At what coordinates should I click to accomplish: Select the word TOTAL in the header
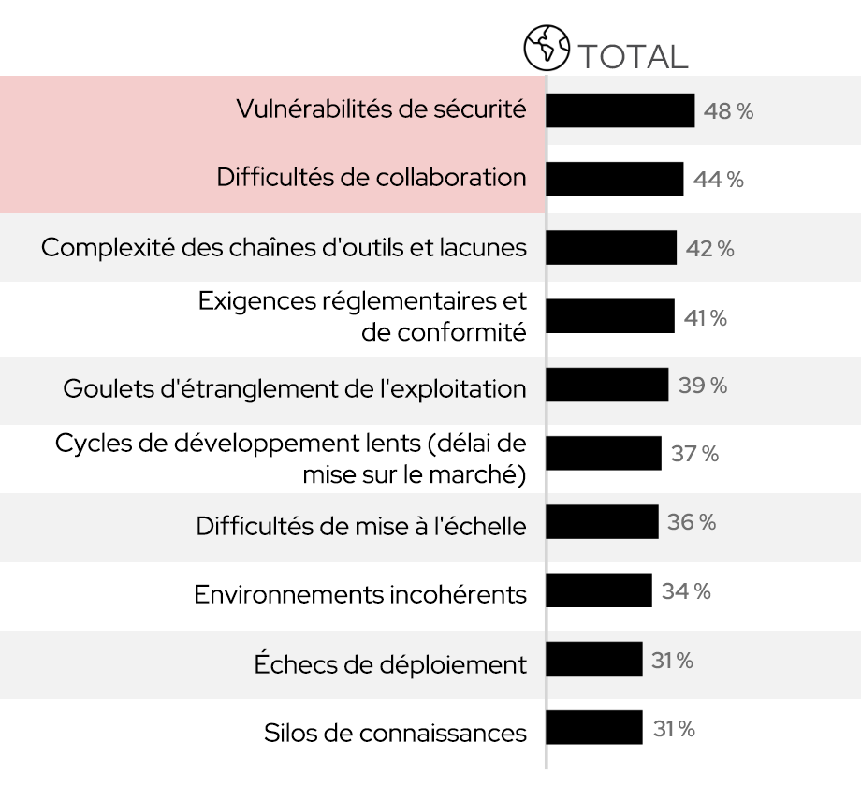(x=633, y=56)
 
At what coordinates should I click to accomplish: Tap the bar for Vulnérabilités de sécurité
(x=620, y=110)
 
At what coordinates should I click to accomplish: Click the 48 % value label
(x=728, y=111)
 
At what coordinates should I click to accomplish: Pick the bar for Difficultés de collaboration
(x=614, y=179)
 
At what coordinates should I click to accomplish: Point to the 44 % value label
(x=719, y=180)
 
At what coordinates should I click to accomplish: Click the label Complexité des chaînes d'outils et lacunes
(x=285, y=248)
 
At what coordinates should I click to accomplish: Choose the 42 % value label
(x=709, y=249)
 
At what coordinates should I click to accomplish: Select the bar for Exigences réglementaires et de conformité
(x=609, y=316)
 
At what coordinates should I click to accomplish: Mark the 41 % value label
(x=706, y=318)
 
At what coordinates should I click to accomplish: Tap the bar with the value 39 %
(x=606, y=385)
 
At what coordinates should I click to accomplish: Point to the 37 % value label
(x=695, y=455)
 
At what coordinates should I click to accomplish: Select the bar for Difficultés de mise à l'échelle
(x=602, y=521)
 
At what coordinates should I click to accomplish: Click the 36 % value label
(x=692, y=522)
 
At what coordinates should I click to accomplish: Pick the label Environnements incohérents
(x=360, y=593)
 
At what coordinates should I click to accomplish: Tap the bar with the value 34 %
(x=598, y=590)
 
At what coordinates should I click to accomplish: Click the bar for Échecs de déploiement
(x=593, y=659)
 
